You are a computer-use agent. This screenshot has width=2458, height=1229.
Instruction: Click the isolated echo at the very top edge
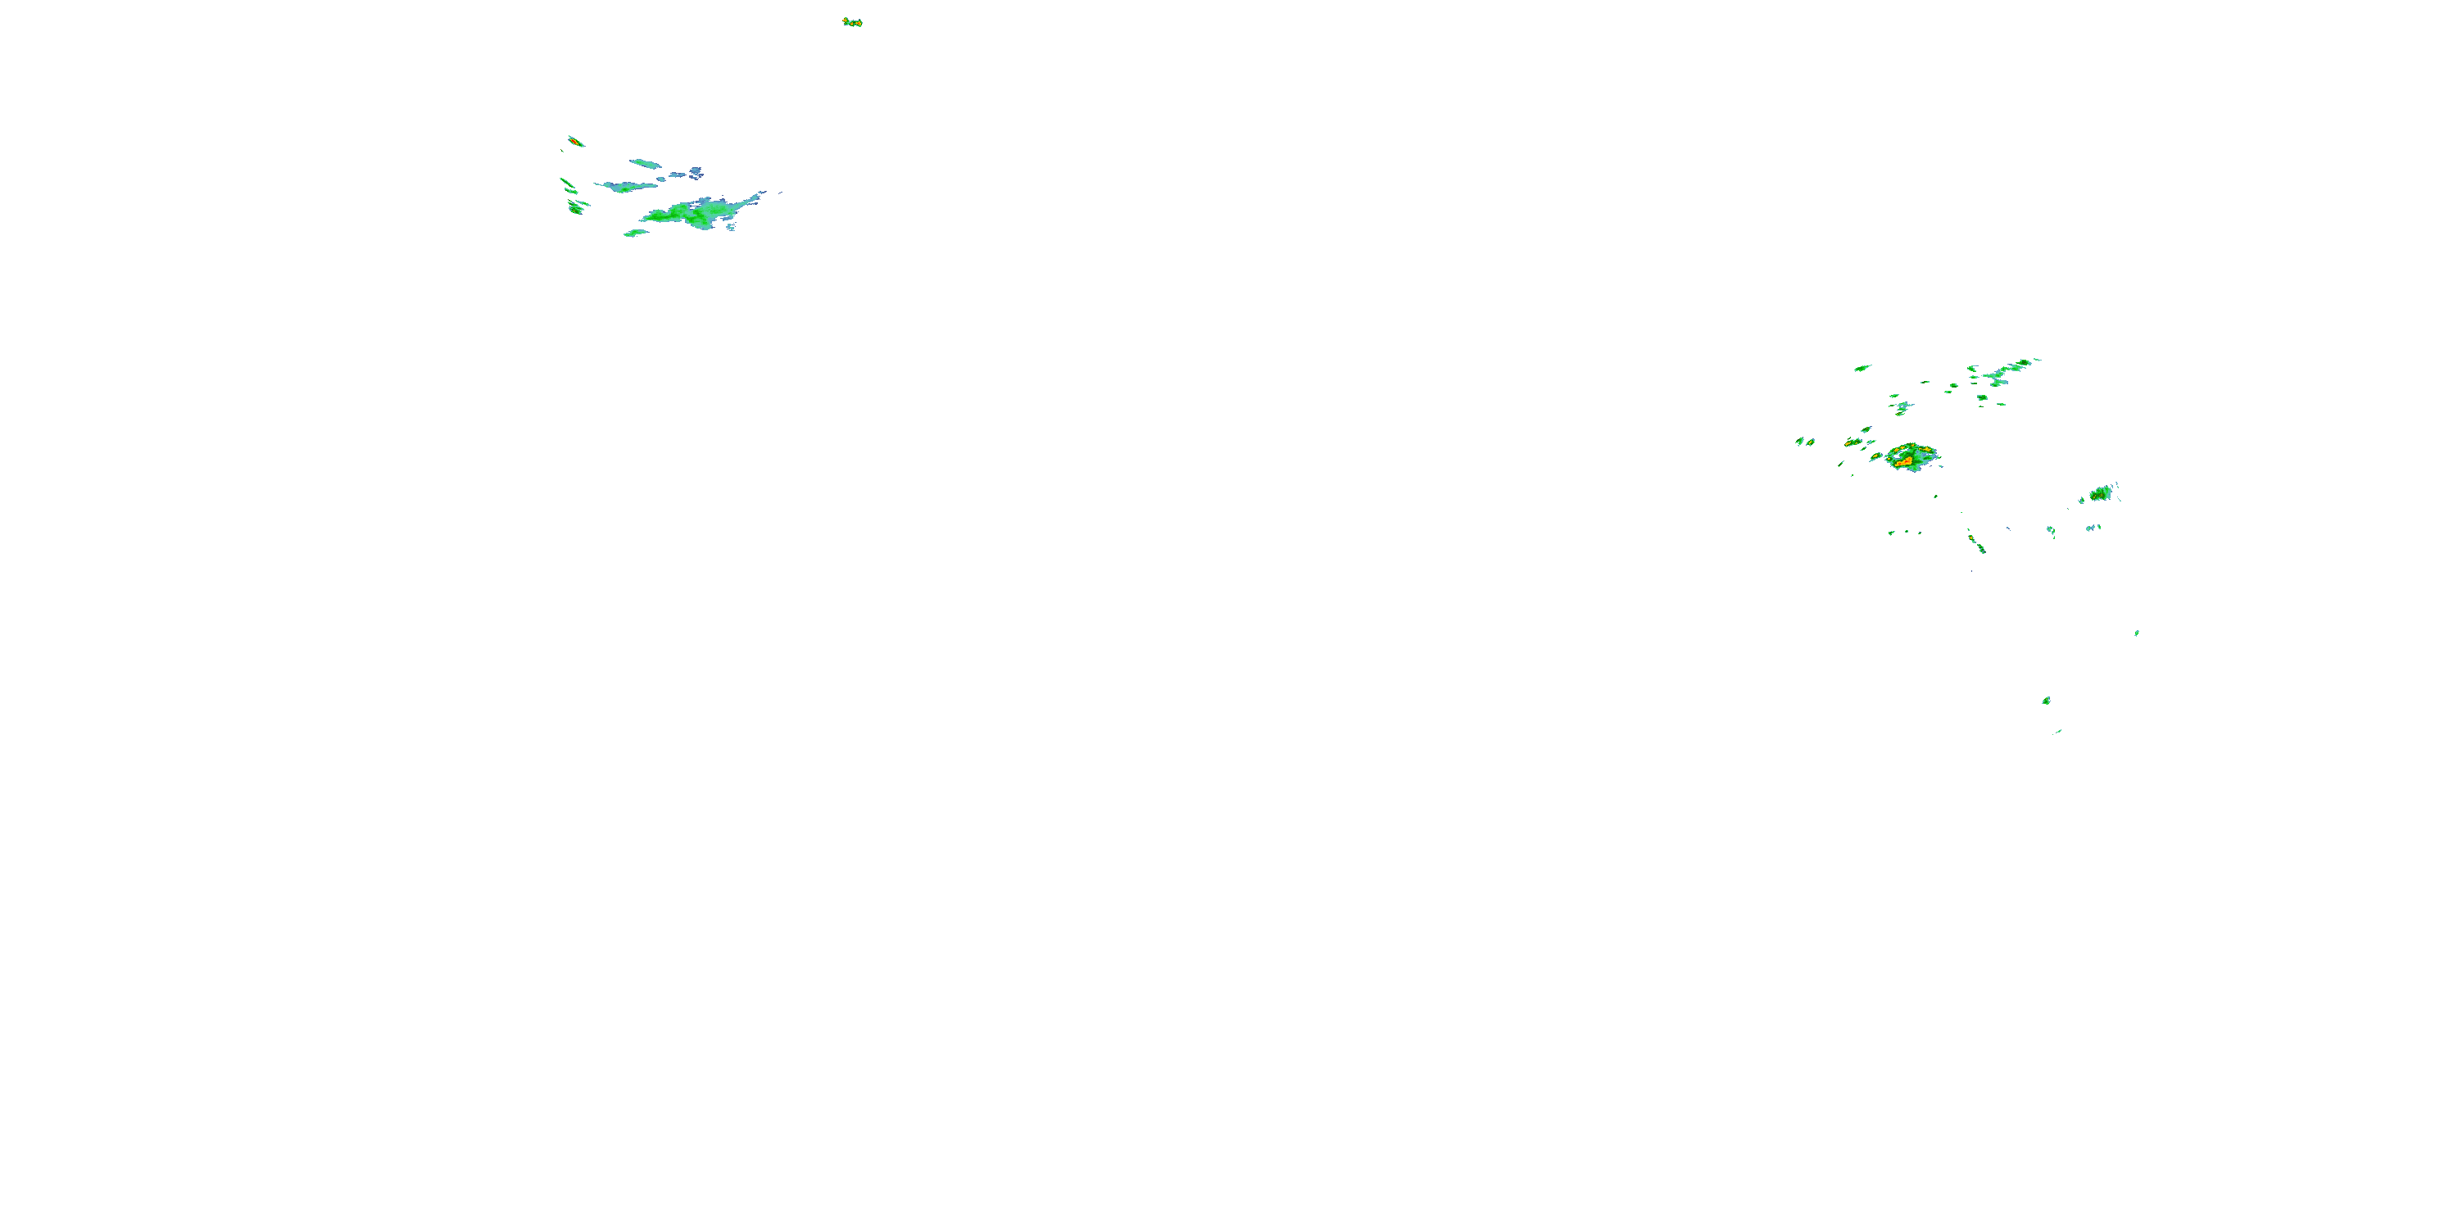coord(852,22)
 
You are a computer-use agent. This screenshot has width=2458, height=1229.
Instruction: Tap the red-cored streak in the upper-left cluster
coord(575,141)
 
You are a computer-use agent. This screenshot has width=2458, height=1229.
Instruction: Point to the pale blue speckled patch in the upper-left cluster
coord(696,173)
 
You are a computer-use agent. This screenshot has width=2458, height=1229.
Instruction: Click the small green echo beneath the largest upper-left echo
coord(634,232)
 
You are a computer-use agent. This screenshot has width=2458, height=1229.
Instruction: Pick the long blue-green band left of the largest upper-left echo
coord(624,186)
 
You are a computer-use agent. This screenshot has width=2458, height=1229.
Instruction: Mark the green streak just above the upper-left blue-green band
coord(646,163)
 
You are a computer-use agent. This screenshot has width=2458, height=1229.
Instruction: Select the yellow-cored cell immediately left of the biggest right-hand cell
coord(1876,457)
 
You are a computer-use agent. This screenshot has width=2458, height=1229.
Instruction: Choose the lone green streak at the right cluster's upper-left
coord(1862,367)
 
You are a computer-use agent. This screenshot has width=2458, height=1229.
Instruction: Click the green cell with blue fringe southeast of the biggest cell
coord(2100,493)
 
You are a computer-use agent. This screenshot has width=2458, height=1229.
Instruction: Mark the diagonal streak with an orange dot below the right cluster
coord(1976,543)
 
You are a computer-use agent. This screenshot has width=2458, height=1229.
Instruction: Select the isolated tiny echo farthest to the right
coord(2137,632)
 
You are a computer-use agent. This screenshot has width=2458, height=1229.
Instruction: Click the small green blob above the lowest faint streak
coord(2046,701)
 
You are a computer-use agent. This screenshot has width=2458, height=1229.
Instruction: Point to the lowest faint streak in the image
coord(2058,732)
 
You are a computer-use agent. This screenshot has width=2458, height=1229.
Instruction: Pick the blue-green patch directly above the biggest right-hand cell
coord(1902,407)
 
